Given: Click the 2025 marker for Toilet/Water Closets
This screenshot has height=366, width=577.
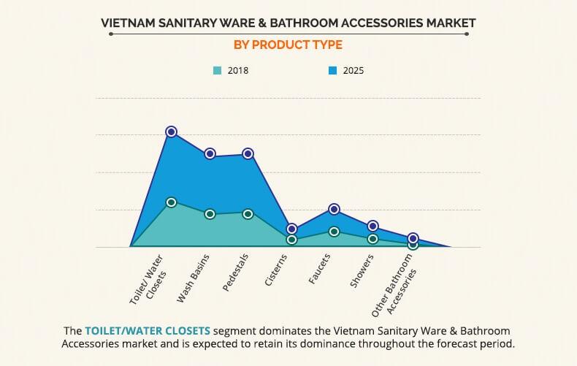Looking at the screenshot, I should pyautogui.click(x=171, y=131).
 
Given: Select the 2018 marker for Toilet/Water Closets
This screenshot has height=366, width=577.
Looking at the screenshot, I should pyautogui.click(x=171, y=202).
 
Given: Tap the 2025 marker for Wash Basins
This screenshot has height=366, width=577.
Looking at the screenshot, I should pyautogui.click(x=210, y=153).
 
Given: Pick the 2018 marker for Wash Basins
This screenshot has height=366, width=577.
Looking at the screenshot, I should pyautogui.click(x=210, y=214).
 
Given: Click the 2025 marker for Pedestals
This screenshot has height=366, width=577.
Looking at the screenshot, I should pyautogui.click(x=248, y=153).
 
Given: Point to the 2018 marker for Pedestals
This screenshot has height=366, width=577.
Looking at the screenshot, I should pyautogui.click(x=248, y=213).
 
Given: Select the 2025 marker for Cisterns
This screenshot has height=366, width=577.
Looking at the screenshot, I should pyautogui.click(x=292, y=229).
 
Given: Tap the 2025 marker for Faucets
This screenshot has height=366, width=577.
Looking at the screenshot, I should pyautogui.click(x=334, y=209).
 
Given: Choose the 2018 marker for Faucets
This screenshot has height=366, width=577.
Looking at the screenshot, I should pyautogui.click(x=334, y=231).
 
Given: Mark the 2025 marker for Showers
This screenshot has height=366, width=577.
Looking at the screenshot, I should pyautogui.click(x=372, y=226).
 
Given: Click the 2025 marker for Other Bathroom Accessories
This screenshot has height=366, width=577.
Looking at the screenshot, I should pyautogui.click(x=413, y=238).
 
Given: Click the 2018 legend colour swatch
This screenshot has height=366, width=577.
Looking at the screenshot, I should pyautogui.click(x=217, y=71).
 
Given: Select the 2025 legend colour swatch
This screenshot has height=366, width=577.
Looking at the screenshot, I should pyautogui.click(x=332, y=71).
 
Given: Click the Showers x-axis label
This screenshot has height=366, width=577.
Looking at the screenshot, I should pyautogui.click(x=362, y=270).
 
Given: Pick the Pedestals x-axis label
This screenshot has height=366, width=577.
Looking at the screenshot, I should pyautogui.click(x=235, y=272).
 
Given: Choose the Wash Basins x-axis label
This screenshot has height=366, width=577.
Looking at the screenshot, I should pyautogui.click(x=194, y=278).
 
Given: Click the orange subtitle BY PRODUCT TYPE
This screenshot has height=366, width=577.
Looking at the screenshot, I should pyautogui.click(x=288, y=45).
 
